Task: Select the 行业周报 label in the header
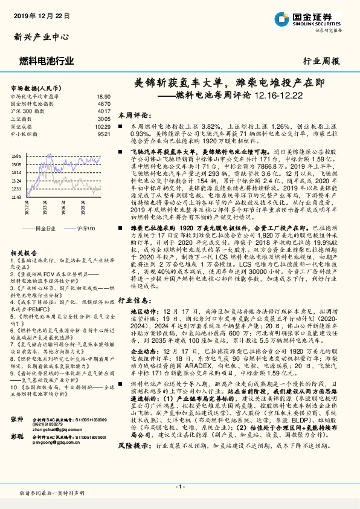(x=321, y=61)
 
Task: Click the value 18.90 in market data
(x=103, y=96)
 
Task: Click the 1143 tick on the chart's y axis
(x=16, y=196)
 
